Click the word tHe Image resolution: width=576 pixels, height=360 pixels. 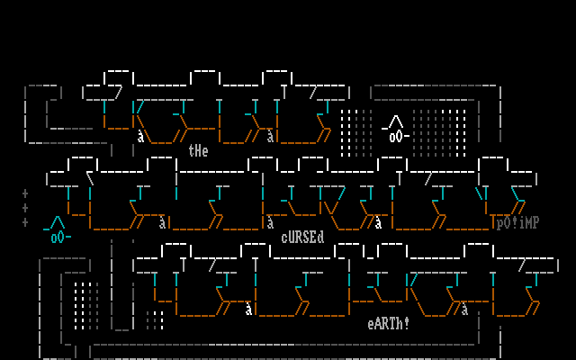(198, 151)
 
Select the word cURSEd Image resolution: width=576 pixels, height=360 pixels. (302, 238)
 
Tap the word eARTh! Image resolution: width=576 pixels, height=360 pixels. (389, 323)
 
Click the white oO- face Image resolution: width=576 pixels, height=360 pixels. (399, 137)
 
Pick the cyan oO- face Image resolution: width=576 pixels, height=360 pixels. (60, 238)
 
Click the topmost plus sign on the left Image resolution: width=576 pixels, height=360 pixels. (25, 193)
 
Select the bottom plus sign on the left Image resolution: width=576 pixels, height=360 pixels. (25, 222)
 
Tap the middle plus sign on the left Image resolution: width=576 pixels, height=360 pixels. (25, 208)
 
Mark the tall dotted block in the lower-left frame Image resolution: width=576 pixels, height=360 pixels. (83, 305)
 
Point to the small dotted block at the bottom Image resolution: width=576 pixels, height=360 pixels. (155, 319)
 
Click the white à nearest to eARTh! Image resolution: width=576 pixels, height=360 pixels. (464, 310)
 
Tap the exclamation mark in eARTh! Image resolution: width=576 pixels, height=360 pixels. (407, 323)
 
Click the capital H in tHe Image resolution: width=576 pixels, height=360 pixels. (198, 151)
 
